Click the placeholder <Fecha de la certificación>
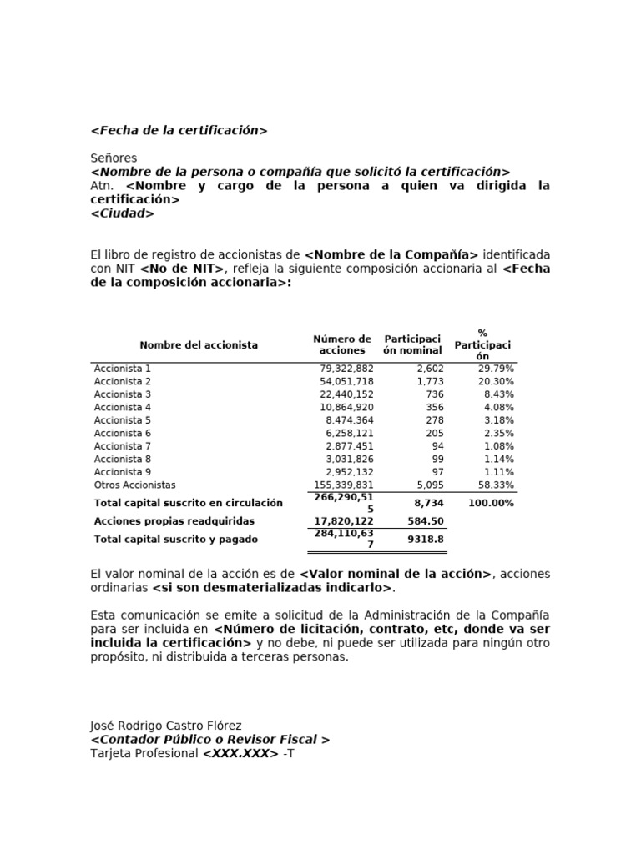(179, 131)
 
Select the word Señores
(114, 158)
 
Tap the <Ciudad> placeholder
(122, 213)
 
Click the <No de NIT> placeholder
(183, 269)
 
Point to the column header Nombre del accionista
(199, 345)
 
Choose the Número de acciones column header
(342, 345)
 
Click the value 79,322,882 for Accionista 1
(346, 369)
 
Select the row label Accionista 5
(123, 420)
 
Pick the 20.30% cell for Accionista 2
(497, 382)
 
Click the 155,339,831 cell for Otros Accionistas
(344, 485)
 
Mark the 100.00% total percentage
(491, 504)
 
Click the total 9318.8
(426, 540)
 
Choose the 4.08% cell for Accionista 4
(499, 408)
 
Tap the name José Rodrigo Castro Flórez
(166, 726)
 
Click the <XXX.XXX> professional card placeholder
(240, 754)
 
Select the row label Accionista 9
(123, 472)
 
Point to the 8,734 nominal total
(429, 504)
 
